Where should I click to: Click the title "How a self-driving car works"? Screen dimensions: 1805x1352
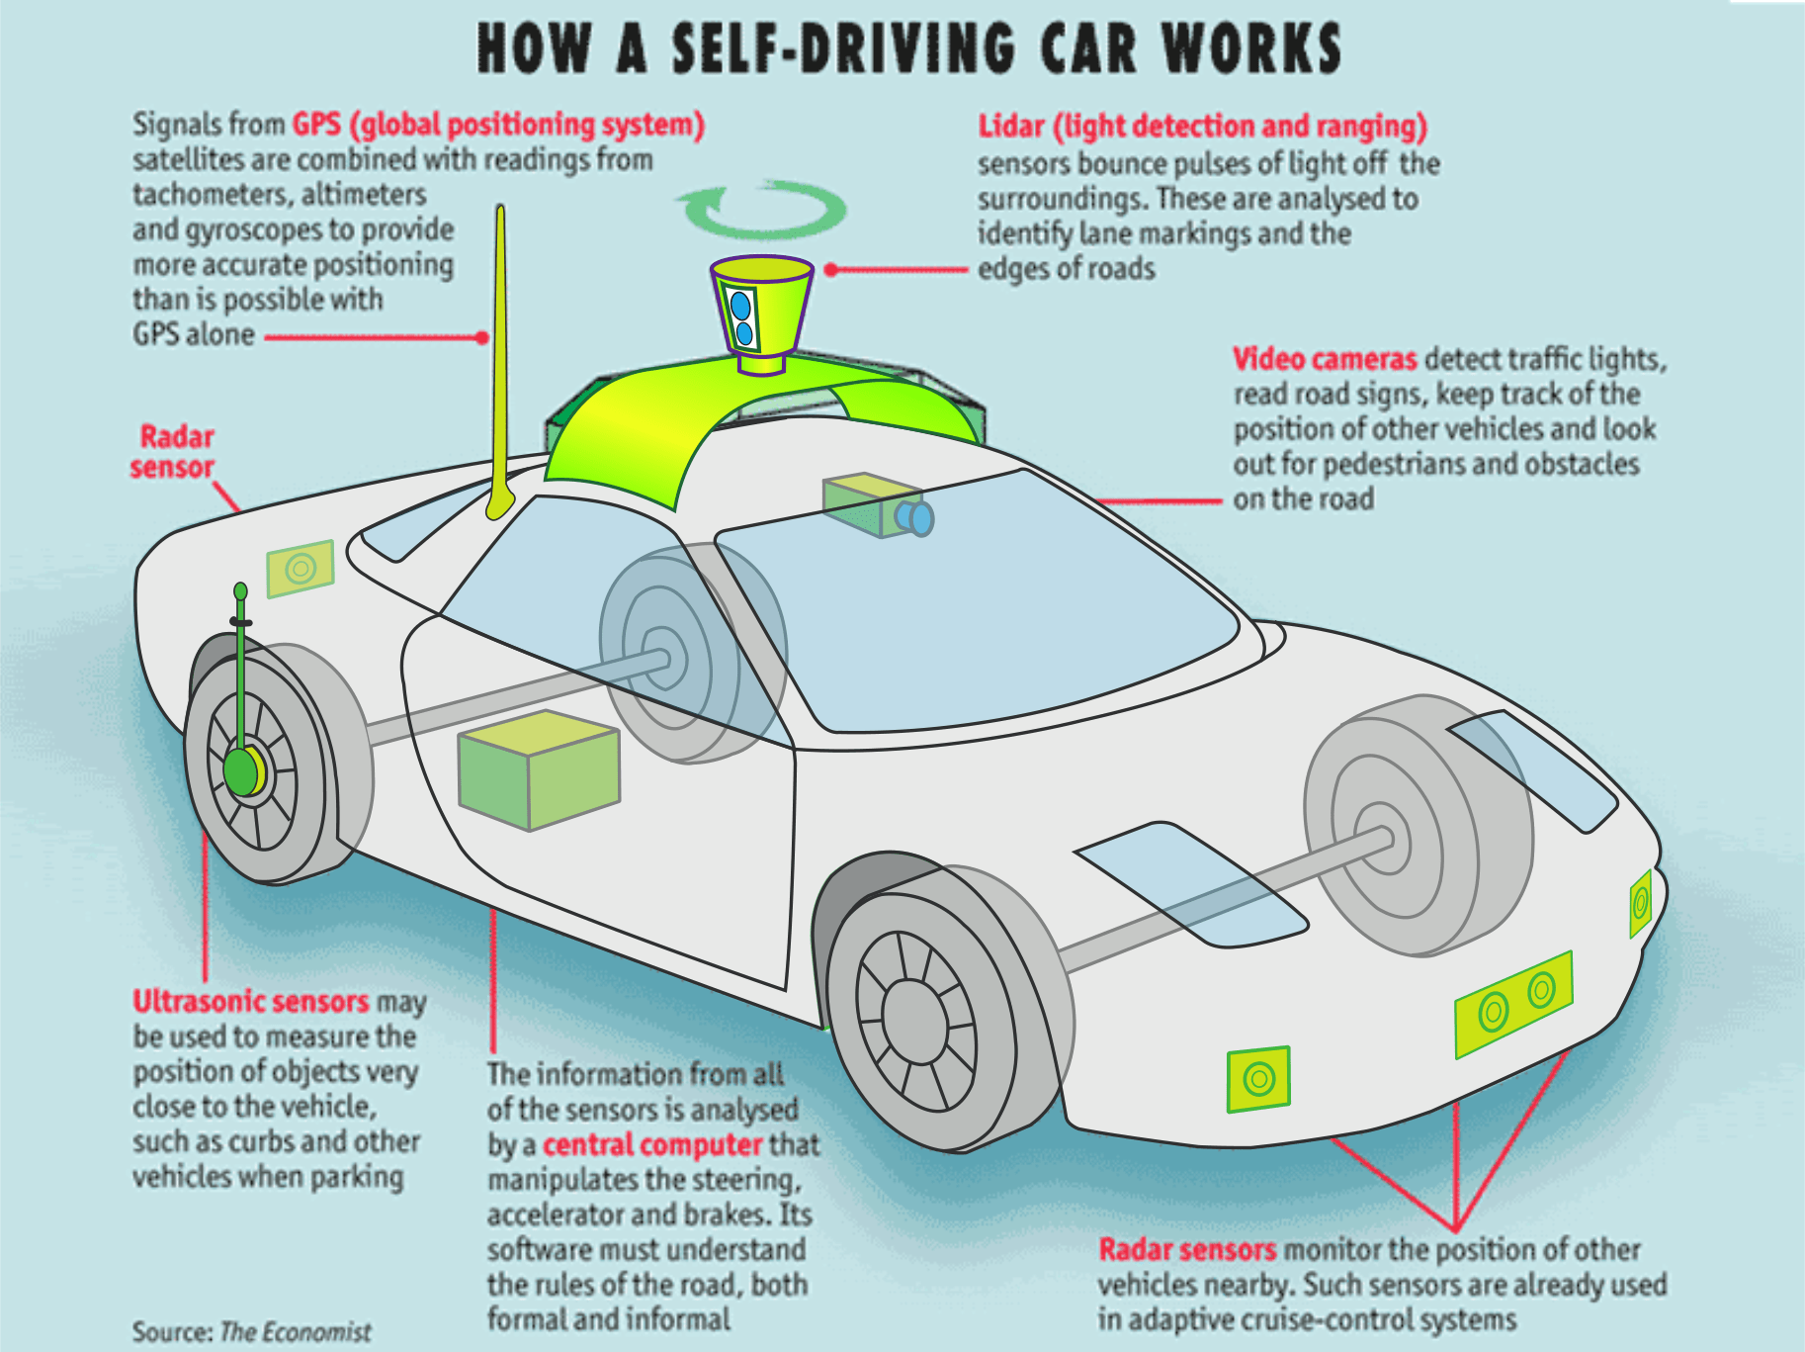click(909, 47)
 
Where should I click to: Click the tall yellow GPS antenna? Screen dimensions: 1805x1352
click(500, 362)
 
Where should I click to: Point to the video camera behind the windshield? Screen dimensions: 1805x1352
click(878, 505)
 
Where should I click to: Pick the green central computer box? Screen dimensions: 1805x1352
click(539, 769)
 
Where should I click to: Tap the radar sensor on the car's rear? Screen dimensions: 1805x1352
click(301, 569)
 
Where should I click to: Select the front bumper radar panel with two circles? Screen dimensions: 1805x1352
click(1513, 1005)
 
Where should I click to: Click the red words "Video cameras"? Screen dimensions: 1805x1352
click(1325, 358)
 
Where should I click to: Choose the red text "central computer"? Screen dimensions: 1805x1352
click(652, 1144)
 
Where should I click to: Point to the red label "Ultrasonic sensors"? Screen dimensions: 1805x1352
click(251, 1001)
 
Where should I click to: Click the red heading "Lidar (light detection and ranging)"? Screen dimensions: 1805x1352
click(1203, 127)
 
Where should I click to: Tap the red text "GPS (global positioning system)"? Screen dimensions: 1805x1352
click(498, 125)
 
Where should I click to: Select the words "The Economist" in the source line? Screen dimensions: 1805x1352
click(296, 1331)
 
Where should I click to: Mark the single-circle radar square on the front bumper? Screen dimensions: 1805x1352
click(1258, 1078)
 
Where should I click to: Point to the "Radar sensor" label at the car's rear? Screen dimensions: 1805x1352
click(173, 451)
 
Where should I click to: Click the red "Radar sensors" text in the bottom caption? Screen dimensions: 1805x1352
click(1187, 1249)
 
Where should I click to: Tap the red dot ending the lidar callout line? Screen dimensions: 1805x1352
click(831, 269)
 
